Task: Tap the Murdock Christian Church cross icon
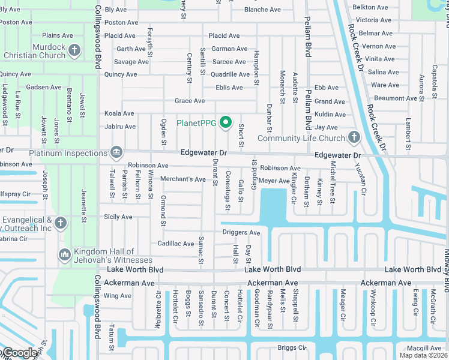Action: click(74, 50)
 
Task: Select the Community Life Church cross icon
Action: click(354, 138)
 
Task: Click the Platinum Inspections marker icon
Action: click(116, 153)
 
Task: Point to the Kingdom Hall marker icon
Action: click(65, 256)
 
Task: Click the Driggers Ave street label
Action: click(241, 232)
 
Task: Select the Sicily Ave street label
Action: click(118, 217)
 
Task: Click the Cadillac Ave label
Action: click(173, 243)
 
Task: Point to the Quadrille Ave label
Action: click(231, 74)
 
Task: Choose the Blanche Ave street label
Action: click(262, 10)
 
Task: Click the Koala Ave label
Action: click(119, 113)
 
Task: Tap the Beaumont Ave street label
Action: click(395, 98)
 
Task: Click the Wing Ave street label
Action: click(118, 296)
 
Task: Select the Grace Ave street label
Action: click(190, 101)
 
